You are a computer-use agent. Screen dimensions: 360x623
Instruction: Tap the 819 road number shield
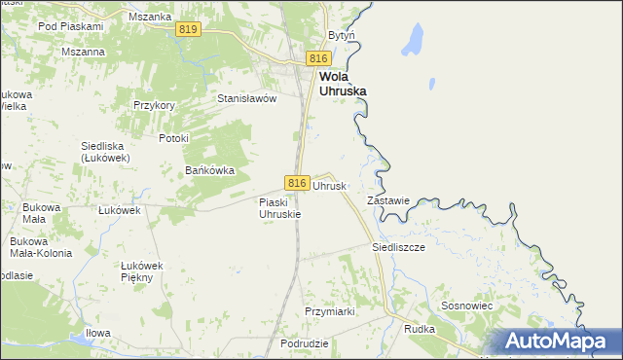(190, 31)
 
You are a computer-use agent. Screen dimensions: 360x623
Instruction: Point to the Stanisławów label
(247, 98)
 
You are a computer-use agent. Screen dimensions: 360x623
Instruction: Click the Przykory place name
(154, 106)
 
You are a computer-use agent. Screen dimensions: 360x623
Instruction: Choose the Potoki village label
(172, 138)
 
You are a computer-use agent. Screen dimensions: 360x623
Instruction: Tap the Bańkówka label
(210, 170)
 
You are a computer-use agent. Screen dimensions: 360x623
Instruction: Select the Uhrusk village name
(329, 185)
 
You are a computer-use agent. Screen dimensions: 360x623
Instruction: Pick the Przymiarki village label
(329, 311)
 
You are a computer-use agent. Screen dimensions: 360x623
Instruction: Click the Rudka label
(419, 329)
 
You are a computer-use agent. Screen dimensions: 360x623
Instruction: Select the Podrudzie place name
(303, 344)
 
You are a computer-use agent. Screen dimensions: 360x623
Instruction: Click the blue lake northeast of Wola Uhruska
(413, 41)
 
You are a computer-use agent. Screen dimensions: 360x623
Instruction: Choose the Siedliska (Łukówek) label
(107, 152)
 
